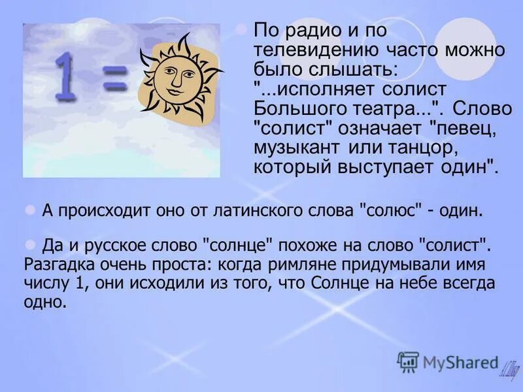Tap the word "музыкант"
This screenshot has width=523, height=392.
coord(292,145)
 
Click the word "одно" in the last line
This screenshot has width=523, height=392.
coord(44,302)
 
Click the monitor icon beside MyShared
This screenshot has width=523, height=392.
coord(408,361)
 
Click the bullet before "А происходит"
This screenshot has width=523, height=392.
coord(29,210)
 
